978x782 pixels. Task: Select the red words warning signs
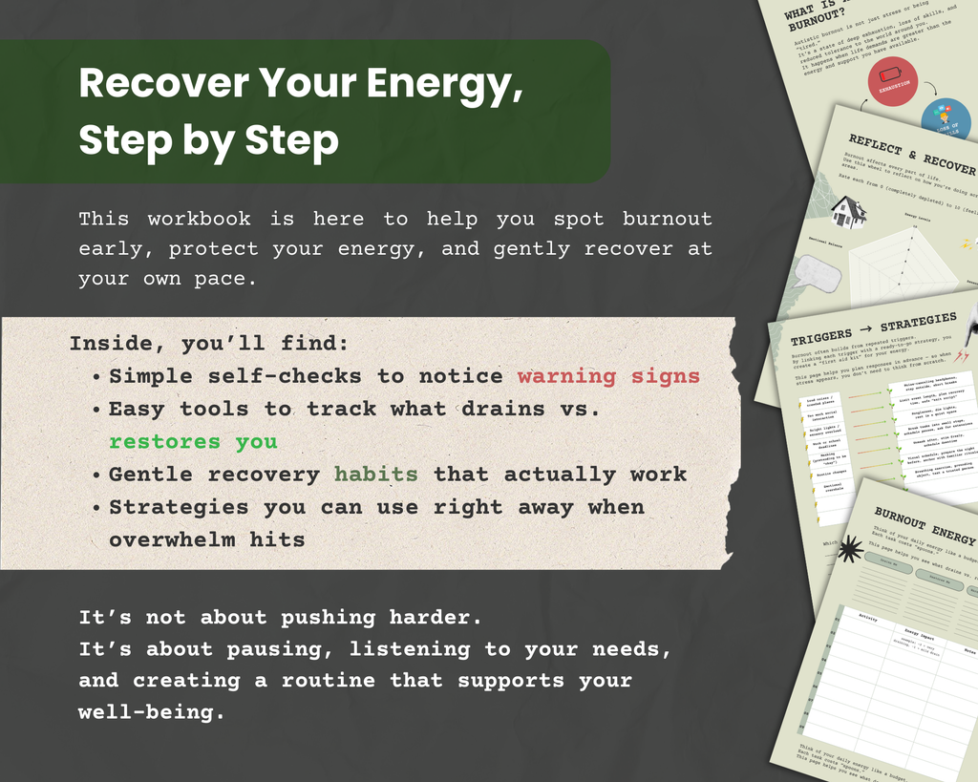point(608,376)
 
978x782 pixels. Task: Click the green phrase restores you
point(193,441)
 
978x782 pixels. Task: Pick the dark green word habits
point(375,474)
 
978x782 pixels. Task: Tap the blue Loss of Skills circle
point(946,117)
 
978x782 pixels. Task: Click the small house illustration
point(847,211)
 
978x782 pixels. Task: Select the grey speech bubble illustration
point(818,274)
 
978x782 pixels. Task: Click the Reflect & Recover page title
point(911,155)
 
